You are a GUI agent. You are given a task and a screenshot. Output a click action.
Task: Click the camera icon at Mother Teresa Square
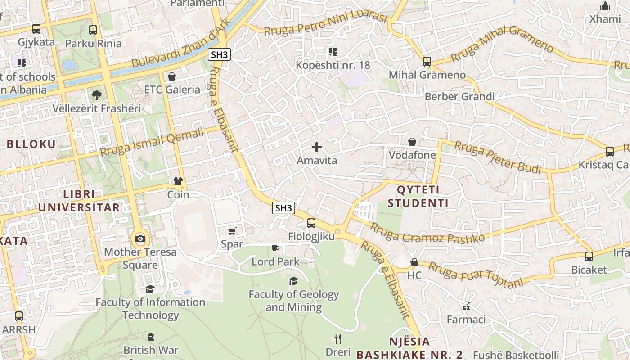pos(140,238)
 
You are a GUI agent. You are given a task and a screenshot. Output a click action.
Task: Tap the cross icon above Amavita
pos(317,147)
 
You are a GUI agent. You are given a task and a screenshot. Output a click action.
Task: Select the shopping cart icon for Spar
pos(232,231)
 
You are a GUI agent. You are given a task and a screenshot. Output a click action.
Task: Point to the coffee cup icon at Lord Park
pos(275,248)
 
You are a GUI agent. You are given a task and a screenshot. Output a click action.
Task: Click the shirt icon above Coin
pos(178,181)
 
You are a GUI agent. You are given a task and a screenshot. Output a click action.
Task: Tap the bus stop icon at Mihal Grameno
pos(427,62)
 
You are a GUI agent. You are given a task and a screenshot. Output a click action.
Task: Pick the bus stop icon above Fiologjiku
pos(311,223)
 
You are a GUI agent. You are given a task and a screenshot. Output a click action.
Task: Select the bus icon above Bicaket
pos(589,256)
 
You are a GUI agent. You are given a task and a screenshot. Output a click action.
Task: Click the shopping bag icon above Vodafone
pos(412,142)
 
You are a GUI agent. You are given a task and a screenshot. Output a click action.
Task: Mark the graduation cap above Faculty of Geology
pos(293,281)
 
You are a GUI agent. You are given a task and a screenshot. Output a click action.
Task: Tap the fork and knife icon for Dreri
pos(338,338)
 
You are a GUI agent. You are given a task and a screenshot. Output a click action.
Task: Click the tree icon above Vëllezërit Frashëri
pos(96,95)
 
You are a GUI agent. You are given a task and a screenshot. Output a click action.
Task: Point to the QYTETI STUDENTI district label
pos(418,196)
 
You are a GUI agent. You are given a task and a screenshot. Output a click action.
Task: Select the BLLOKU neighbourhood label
pos(31,144)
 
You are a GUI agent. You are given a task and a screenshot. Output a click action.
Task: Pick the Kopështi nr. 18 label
pos(333,65)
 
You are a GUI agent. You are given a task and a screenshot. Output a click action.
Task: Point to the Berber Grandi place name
pos(459,97)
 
